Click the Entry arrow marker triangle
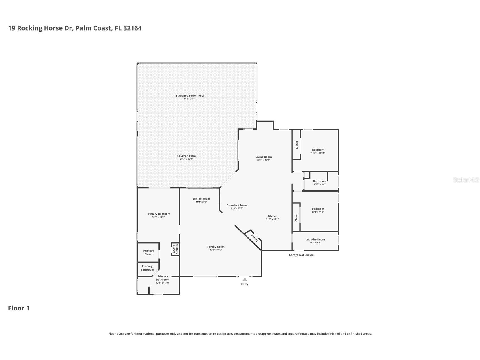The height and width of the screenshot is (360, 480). [245, 279]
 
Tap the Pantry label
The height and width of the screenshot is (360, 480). [255, 238]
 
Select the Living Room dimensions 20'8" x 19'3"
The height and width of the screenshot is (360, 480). [264, 160]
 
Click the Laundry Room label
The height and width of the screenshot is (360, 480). [315, 239]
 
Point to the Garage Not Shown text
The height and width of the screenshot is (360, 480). [301, 255]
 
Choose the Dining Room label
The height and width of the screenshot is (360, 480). [201, 199]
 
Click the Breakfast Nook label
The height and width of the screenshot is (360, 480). [237, 205]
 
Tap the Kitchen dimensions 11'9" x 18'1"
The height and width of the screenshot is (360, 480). [272, 219]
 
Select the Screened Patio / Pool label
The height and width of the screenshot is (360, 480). [190, 95]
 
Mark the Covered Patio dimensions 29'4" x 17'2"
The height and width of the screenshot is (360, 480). [186, 159]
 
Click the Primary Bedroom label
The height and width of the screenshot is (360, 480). [158, 214]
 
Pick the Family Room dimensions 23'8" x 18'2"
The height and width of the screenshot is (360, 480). [216, 250]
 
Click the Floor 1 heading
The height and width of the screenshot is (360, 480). [19, 308]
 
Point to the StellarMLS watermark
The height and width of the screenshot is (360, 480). [466, 180]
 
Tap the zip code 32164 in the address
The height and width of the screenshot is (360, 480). [132, 28]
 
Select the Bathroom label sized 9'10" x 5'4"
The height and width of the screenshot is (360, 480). [320, 181]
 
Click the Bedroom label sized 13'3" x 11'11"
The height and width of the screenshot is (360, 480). [318, 150]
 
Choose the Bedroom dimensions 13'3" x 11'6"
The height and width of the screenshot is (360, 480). [318, 212]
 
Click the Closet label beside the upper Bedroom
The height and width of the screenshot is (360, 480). [297, 145]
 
